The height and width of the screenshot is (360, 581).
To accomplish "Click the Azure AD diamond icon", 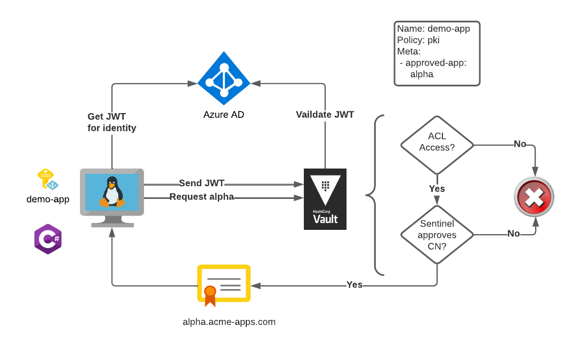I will (x=224, y=78).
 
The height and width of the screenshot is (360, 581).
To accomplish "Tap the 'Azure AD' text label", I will (x=224, y=115).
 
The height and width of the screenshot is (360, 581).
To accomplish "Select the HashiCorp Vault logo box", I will (x=325, y=199).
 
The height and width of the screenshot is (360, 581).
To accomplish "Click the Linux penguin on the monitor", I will (x=112, y=192).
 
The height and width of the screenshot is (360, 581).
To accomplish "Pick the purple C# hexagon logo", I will (x=48, y=239).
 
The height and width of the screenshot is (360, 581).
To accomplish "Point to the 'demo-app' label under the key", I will (x=48, y=199).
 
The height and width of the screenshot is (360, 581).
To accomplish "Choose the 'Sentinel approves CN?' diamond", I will (x=437, y=235).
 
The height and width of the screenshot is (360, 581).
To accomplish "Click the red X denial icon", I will (x=534, y=197).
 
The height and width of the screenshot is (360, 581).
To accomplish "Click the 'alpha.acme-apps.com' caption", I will (x=229, y=322).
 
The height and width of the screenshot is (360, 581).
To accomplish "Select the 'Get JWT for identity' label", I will (x=111, y=122).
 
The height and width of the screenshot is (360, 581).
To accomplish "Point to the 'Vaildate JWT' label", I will (x=325, y=114).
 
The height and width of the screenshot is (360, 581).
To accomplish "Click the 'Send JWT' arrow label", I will (x=201, y=183).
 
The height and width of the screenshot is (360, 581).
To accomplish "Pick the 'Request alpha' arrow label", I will (x=201, y=197).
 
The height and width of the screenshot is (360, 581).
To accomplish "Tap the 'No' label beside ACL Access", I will (x=520, y=144).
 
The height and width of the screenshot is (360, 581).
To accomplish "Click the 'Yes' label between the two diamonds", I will (x=437, y=189).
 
